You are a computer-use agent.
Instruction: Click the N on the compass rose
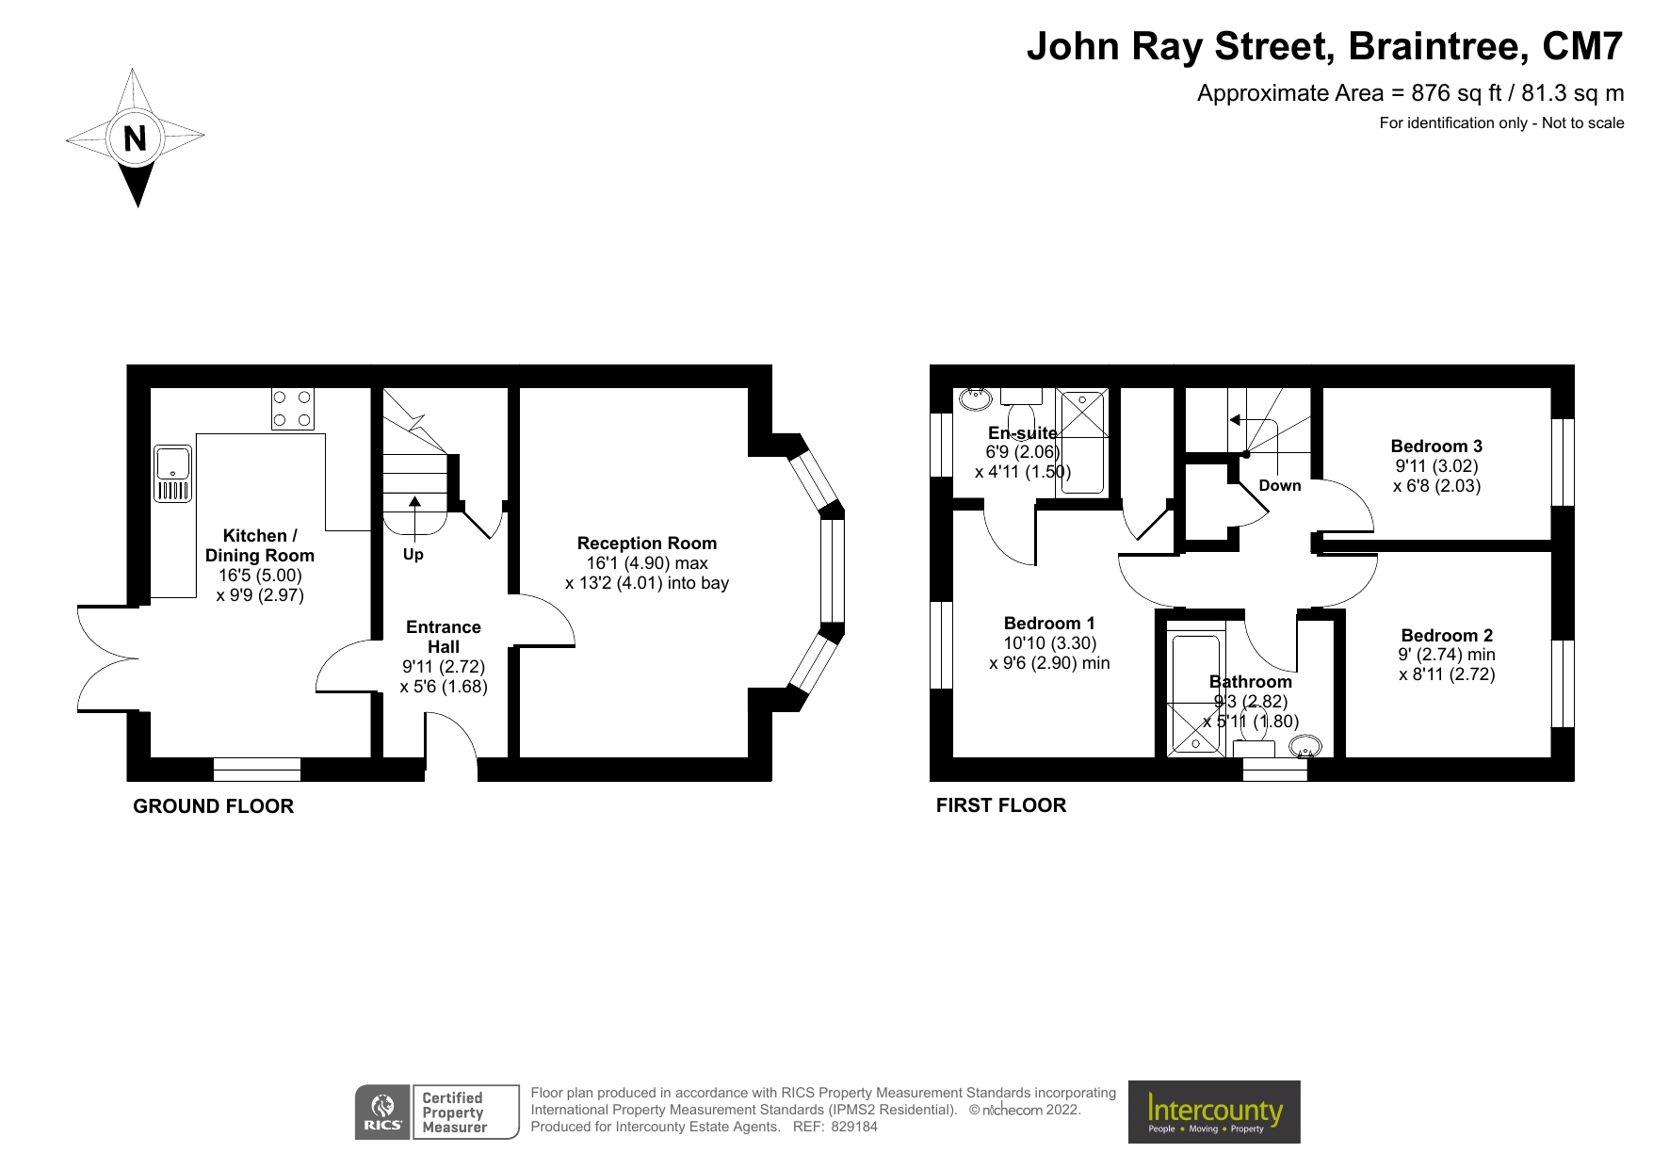click(x=136, y=138)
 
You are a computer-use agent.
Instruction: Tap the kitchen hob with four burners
click(x=292, y=409)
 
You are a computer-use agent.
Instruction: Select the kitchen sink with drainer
click(x=173, y=473)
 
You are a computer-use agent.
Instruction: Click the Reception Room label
click(x=647, y=544)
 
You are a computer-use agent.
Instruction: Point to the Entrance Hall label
click(x=444, y=637)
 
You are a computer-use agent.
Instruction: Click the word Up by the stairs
click(x=413, y=555)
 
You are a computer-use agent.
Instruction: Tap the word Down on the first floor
click(x=1280, y=486)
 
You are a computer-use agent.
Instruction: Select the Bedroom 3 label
click(x=1436, y=446)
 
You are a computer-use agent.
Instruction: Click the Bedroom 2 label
click(x=1447, y=636)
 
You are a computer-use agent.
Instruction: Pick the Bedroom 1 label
click(x=1049, y=624)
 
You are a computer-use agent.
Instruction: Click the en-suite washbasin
click(x=975, y=398)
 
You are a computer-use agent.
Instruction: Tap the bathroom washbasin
click(x=1305, y=749)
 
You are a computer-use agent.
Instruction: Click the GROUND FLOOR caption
click(x=214, y=806)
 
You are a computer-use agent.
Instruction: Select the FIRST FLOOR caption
click(x=1001, y=805)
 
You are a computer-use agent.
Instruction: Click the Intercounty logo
click(x=1214, y=1112)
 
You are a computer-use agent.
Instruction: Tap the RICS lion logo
click(x=382, y=1112)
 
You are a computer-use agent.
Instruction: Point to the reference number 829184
click(x=854, y=1127)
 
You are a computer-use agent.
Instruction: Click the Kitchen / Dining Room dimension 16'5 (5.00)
click(x=260, y=576)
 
